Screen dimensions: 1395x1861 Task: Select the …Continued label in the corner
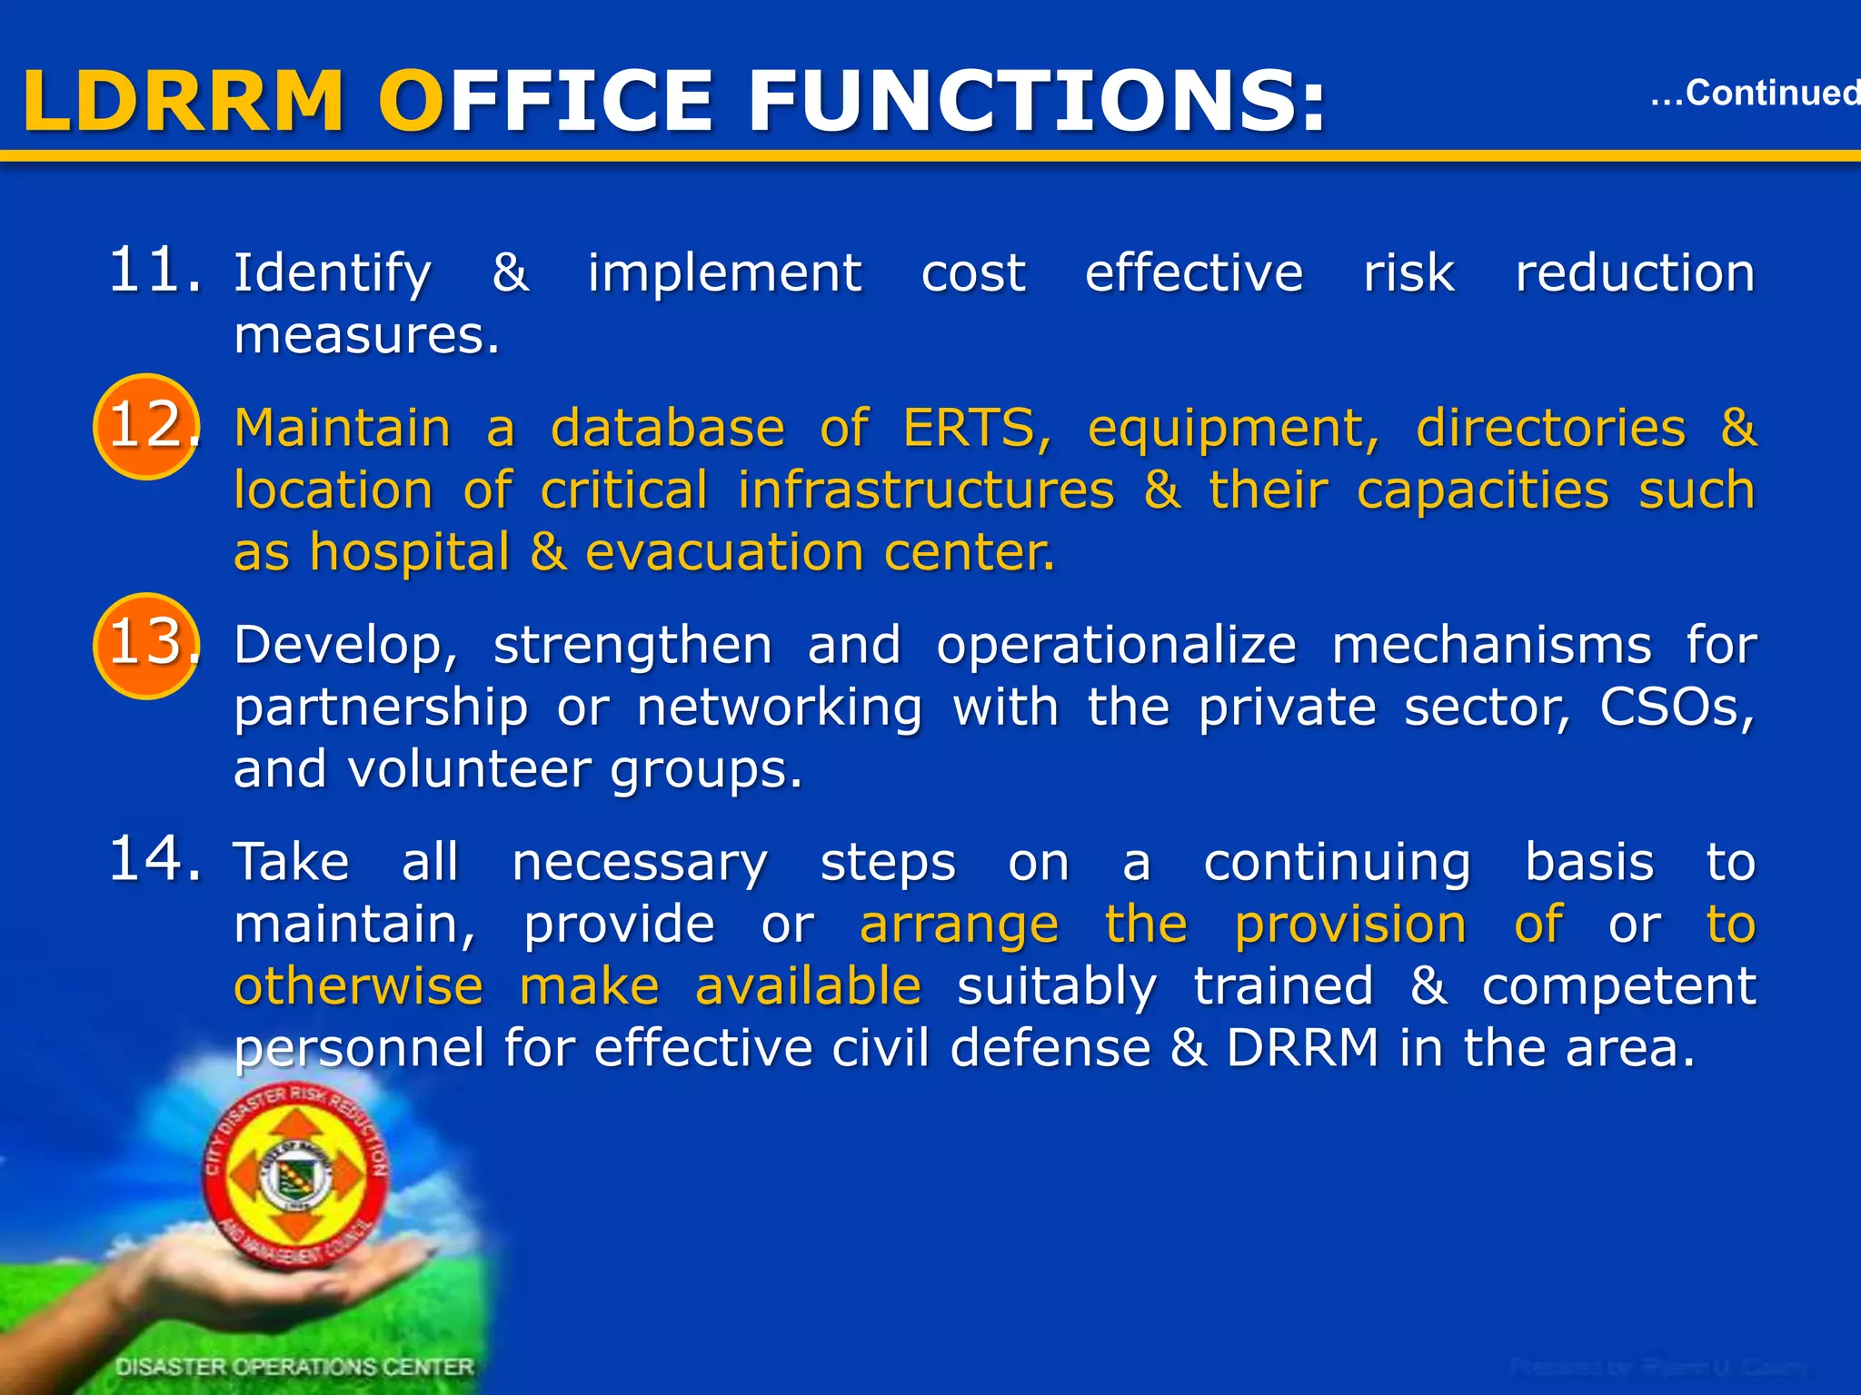(x=1754, y=94)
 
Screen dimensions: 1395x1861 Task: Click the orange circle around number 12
(x=145, y=426)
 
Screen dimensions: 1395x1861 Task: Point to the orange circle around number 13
(x=145, y=645)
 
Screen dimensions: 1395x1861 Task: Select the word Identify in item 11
(x=333, y=272)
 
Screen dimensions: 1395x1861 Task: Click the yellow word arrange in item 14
(x=959, y=925)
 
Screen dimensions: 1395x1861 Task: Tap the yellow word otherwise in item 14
(x=358, y=987)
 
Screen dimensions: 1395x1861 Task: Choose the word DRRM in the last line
(x=1303, y=1048)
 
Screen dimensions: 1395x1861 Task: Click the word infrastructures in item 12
(x=925, y=490)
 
